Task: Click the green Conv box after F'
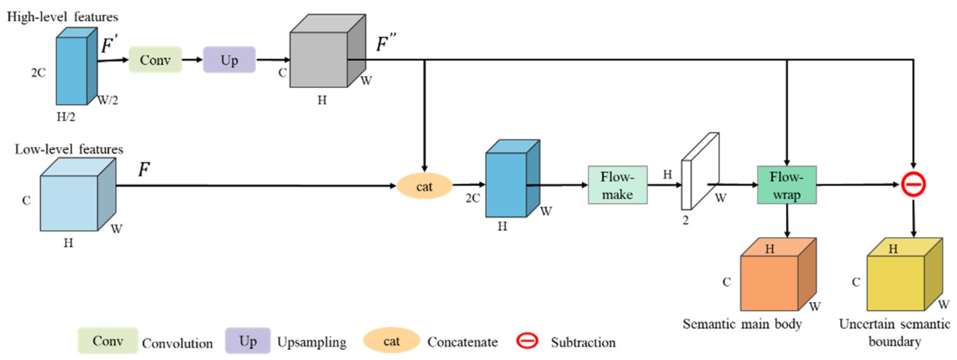[155, 60]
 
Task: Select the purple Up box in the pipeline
[229, 60]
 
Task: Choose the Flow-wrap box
[787, 185]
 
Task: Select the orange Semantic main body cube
[773, 279]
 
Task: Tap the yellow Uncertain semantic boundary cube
[899, 279]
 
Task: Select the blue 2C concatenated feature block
[509, 182]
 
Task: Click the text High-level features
[63, 17]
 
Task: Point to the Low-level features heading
[69, 149]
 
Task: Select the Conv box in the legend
[108, 341]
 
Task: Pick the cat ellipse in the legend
[391, 341]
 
